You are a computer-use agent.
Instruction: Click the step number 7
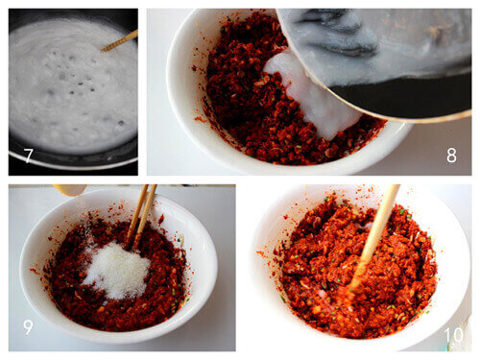28,156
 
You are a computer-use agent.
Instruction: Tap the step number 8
451,156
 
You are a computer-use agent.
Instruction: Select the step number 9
28,327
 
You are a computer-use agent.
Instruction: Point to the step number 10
453,335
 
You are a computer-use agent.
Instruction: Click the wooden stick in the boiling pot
120,40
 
